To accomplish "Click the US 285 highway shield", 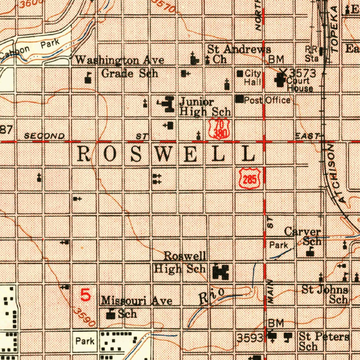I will [x=250, y=178].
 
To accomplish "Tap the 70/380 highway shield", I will [x=219, y=128].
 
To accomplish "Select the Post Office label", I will [x=267, y=100].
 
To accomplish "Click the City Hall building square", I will [x=240, y=74].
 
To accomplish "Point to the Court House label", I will [x=300, y=84].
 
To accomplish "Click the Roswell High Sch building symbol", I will [x=221, y=272].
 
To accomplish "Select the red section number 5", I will [x=86, y=295].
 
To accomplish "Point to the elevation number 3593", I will [x=250, y=338].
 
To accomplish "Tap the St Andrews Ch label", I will [x=239, y=54].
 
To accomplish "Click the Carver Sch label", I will [x=303, y=236].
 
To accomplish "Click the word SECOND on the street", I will [x=44, y=136].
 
